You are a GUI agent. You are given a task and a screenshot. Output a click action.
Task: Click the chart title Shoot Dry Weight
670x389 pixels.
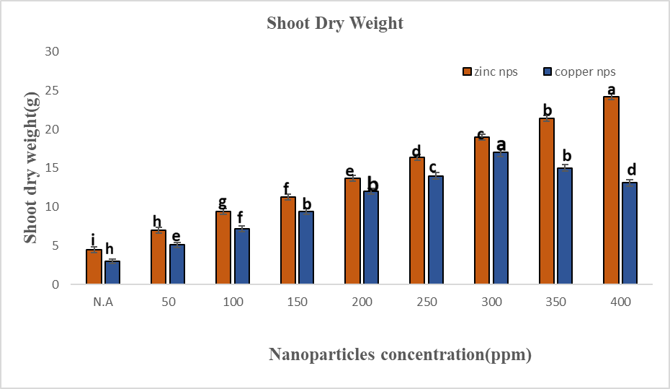[335, 23]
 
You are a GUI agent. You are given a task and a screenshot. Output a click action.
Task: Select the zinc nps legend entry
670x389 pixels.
[489, 71]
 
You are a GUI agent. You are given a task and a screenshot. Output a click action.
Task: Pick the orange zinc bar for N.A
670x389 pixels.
[94, 267]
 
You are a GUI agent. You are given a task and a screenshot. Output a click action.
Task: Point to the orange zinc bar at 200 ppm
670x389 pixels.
[352, 231]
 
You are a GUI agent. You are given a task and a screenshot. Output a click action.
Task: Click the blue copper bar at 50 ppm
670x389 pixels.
[177, 264]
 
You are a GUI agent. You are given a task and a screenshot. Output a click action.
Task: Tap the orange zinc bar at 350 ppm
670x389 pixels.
[547, 201]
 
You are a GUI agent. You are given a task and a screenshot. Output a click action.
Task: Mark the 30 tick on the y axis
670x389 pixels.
[51, 52]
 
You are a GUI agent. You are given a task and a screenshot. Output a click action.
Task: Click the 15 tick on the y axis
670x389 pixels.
[51, 168]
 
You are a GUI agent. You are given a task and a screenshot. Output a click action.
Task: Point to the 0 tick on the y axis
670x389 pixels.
[54, 284]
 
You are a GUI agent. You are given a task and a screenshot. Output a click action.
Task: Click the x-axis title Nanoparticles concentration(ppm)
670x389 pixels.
[400, 354]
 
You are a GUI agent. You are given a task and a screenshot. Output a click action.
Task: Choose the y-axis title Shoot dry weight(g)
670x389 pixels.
[30, 167]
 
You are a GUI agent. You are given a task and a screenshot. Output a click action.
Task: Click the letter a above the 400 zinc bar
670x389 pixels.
[612, 89]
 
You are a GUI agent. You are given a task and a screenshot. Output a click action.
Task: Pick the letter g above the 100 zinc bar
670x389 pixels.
[223, 202]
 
